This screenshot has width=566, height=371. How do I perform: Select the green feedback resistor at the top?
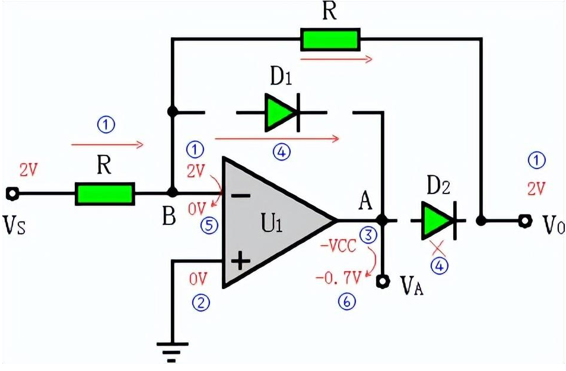[329, 39]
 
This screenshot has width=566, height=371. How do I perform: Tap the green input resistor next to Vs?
[104, 194]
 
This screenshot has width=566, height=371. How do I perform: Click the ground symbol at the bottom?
[173, 350]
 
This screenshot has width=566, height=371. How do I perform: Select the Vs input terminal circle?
[11, 194]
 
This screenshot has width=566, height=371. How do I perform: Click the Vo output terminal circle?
[524, 221]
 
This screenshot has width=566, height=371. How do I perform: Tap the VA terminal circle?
[384, 280]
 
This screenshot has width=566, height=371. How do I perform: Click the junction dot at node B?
[173, 193]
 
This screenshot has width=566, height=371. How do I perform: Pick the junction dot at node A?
[383, 220]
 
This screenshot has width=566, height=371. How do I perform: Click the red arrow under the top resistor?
[336, 58]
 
